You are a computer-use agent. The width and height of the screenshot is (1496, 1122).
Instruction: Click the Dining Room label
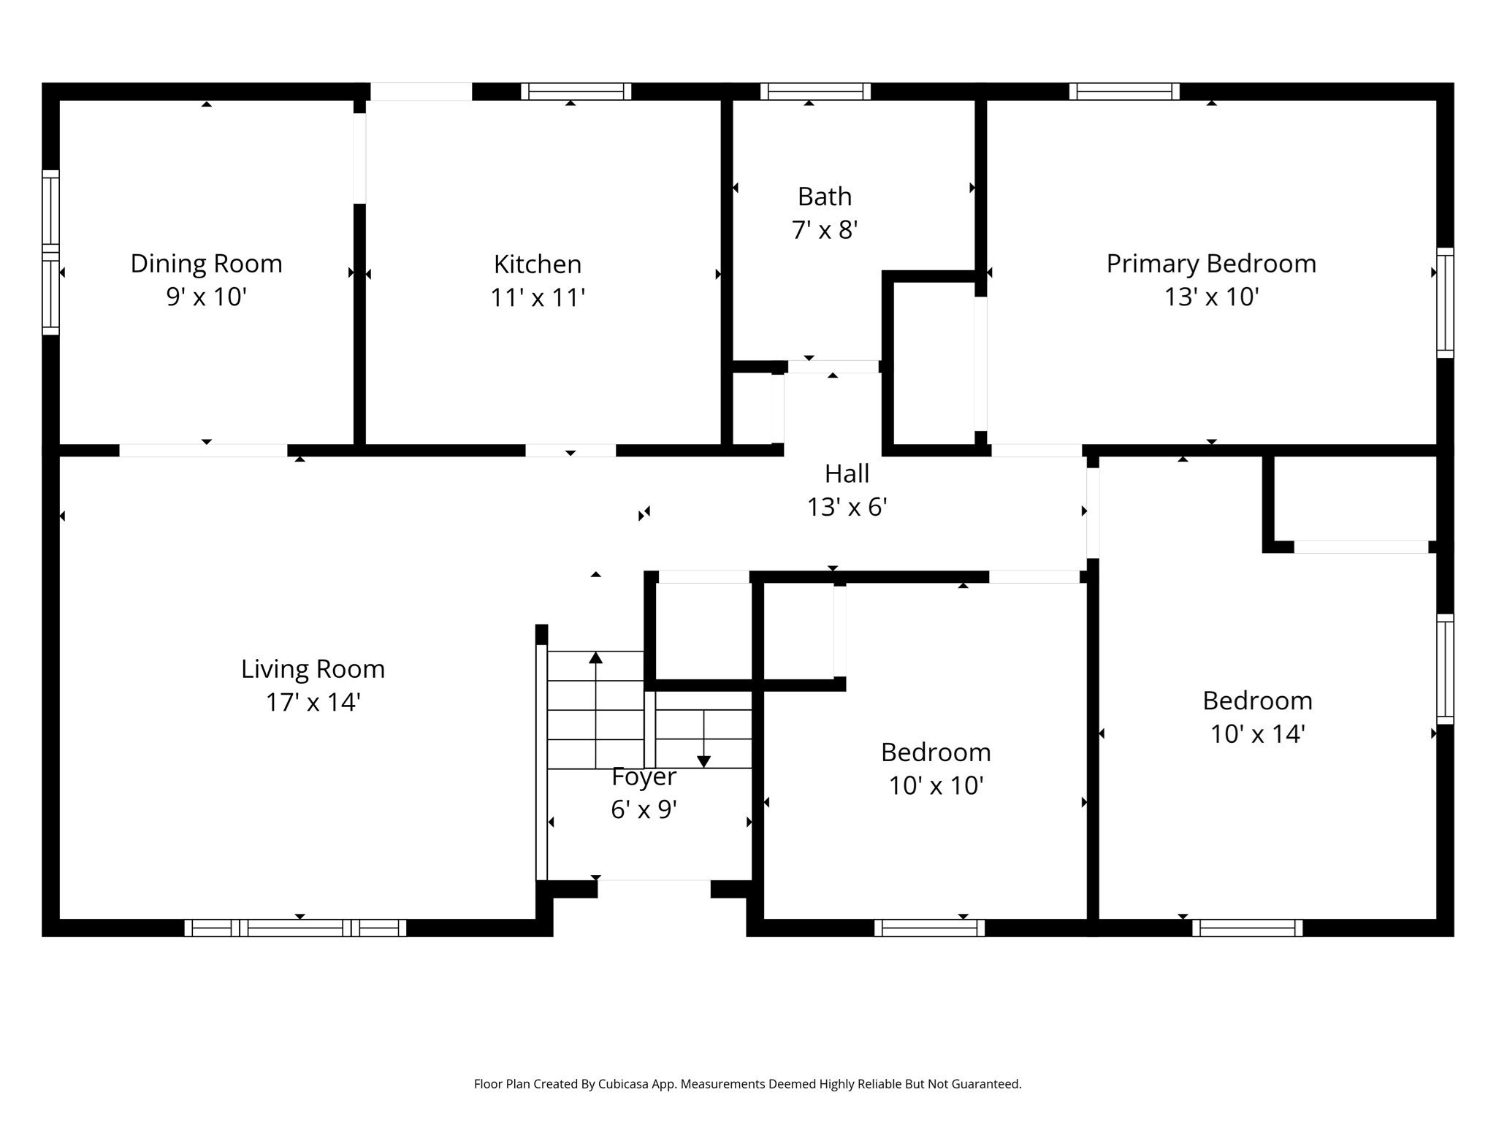[206, 264]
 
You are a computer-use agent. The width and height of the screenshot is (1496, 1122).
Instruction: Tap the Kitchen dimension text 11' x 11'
[538, 298]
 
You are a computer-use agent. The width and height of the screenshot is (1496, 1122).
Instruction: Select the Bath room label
[824, 196]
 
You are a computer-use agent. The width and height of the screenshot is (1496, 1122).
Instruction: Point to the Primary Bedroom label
[1210, 264]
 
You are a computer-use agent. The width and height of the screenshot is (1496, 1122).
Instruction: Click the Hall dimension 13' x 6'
[847, 507]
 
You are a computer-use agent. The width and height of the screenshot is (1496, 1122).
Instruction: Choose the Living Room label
[313, 669]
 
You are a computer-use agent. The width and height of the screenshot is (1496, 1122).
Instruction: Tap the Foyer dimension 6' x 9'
[644, 809]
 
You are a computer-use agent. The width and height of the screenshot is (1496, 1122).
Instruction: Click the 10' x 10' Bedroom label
[935, 752]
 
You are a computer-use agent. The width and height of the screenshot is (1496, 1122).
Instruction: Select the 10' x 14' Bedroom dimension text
[1257, 734]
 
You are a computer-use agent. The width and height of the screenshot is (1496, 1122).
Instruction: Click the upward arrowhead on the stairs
[595, 658]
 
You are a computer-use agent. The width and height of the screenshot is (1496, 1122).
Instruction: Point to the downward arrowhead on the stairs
[703, 761]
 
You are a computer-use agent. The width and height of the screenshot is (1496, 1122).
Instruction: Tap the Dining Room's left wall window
[50, 253]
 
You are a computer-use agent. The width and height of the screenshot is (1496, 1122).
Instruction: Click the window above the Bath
[815, 91]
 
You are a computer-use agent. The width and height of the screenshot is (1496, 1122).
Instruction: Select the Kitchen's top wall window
[576, 91]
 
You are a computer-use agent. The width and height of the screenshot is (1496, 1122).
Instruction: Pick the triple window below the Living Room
[295, 928]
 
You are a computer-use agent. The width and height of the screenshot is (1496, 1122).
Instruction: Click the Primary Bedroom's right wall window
[1445, 303]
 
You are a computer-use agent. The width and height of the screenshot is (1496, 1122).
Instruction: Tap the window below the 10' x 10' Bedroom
[929, 928]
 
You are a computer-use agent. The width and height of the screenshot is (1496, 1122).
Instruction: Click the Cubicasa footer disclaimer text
[747, 1084]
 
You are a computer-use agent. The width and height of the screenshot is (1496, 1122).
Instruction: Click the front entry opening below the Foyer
[654, 887]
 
